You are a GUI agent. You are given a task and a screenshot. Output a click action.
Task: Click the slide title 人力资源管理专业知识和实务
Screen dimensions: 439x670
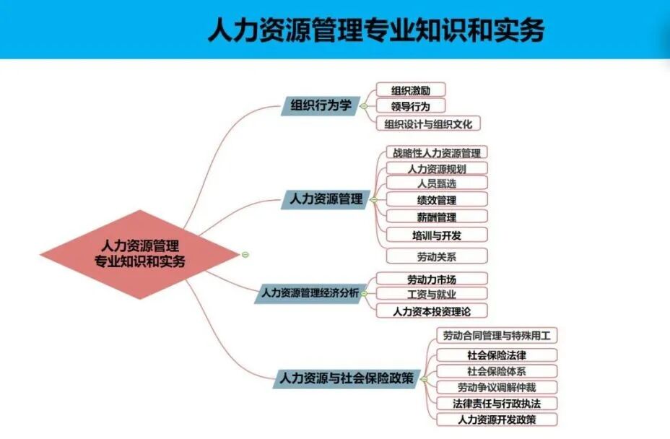coord(375,30)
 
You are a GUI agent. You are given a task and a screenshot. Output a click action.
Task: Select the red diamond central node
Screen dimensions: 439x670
coord(139,254)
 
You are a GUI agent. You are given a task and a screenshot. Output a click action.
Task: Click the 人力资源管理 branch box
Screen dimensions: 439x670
coord(326,199)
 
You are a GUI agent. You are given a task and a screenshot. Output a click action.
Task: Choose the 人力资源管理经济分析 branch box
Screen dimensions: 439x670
coord(309,293)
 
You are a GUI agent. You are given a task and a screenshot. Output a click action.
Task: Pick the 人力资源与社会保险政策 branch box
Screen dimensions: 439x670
coord(347,378)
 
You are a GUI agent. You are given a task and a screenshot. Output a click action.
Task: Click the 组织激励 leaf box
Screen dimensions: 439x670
coord(411,90)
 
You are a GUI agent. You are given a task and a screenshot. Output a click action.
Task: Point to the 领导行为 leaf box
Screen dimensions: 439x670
coord(410,107)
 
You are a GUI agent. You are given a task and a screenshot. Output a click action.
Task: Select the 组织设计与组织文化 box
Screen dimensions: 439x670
coord(428,124)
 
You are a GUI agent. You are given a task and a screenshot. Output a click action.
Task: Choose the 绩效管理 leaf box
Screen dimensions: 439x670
coord(436,200)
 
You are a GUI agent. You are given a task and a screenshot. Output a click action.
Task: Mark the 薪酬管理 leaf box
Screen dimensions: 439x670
coord(436,217)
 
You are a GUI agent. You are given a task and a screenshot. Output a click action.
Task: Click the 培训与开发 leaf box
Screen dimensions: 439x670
coord(436,235)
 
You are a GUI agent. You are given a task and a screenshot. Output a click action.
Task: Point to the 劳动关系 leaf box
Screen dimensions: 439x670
coord(436,256)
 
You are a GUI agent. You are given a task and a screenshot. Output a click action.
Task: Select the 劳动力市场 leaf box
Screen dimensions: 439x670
coord(432,279)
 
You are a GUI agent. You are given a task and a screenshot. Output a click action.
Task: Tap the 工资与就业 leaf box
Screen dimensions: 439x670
coord(432,294)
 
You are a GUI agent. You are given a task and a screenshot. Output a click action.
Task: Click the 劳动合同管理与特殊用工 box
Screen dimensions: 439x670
coord(497,336)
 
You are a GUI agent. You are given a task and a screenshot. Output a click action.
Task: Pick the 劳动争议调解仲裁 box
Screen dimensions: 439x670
coord(497,388)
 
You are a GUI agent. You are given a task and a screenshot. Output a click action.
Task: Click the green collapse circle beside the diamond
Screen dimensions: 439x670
coord(245,254)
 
